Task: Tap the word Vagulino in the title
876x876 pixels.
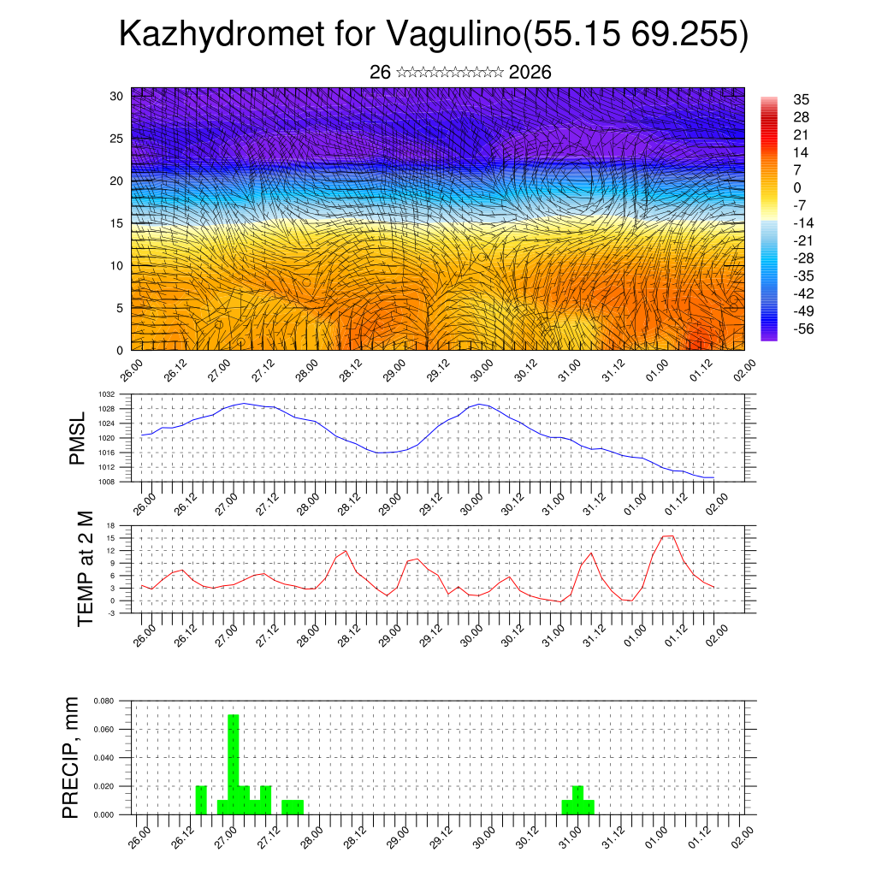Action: click(453, 34)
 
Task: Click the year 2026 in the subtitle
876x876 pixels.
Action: click(530, 73)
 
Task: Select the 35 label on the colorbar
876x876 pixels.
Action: click(801, 99)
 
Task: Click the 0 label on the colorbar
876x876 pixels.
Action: click(797, 187)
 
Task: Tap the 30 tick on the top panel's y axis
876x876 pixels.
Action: click(117, 96)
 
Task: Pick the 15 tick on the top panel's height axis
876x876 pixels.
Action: click(117, 223)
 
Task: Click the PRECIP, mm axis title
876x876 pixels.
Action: click(72, 758)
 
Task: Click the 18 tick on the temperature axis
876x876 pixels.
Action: click(111, 524)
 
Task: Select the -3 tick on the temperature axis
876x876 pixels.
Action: click(111, 613)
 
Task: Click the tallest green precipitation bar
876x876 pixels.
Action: click(234, 764)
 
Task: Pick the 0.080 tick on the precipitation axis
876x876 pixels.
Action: click(104, 701)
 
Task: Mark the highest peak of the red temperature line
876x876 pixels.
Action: click(668, 536)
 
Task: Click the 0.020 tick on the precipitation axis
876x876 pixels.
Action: click(104, 786)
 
